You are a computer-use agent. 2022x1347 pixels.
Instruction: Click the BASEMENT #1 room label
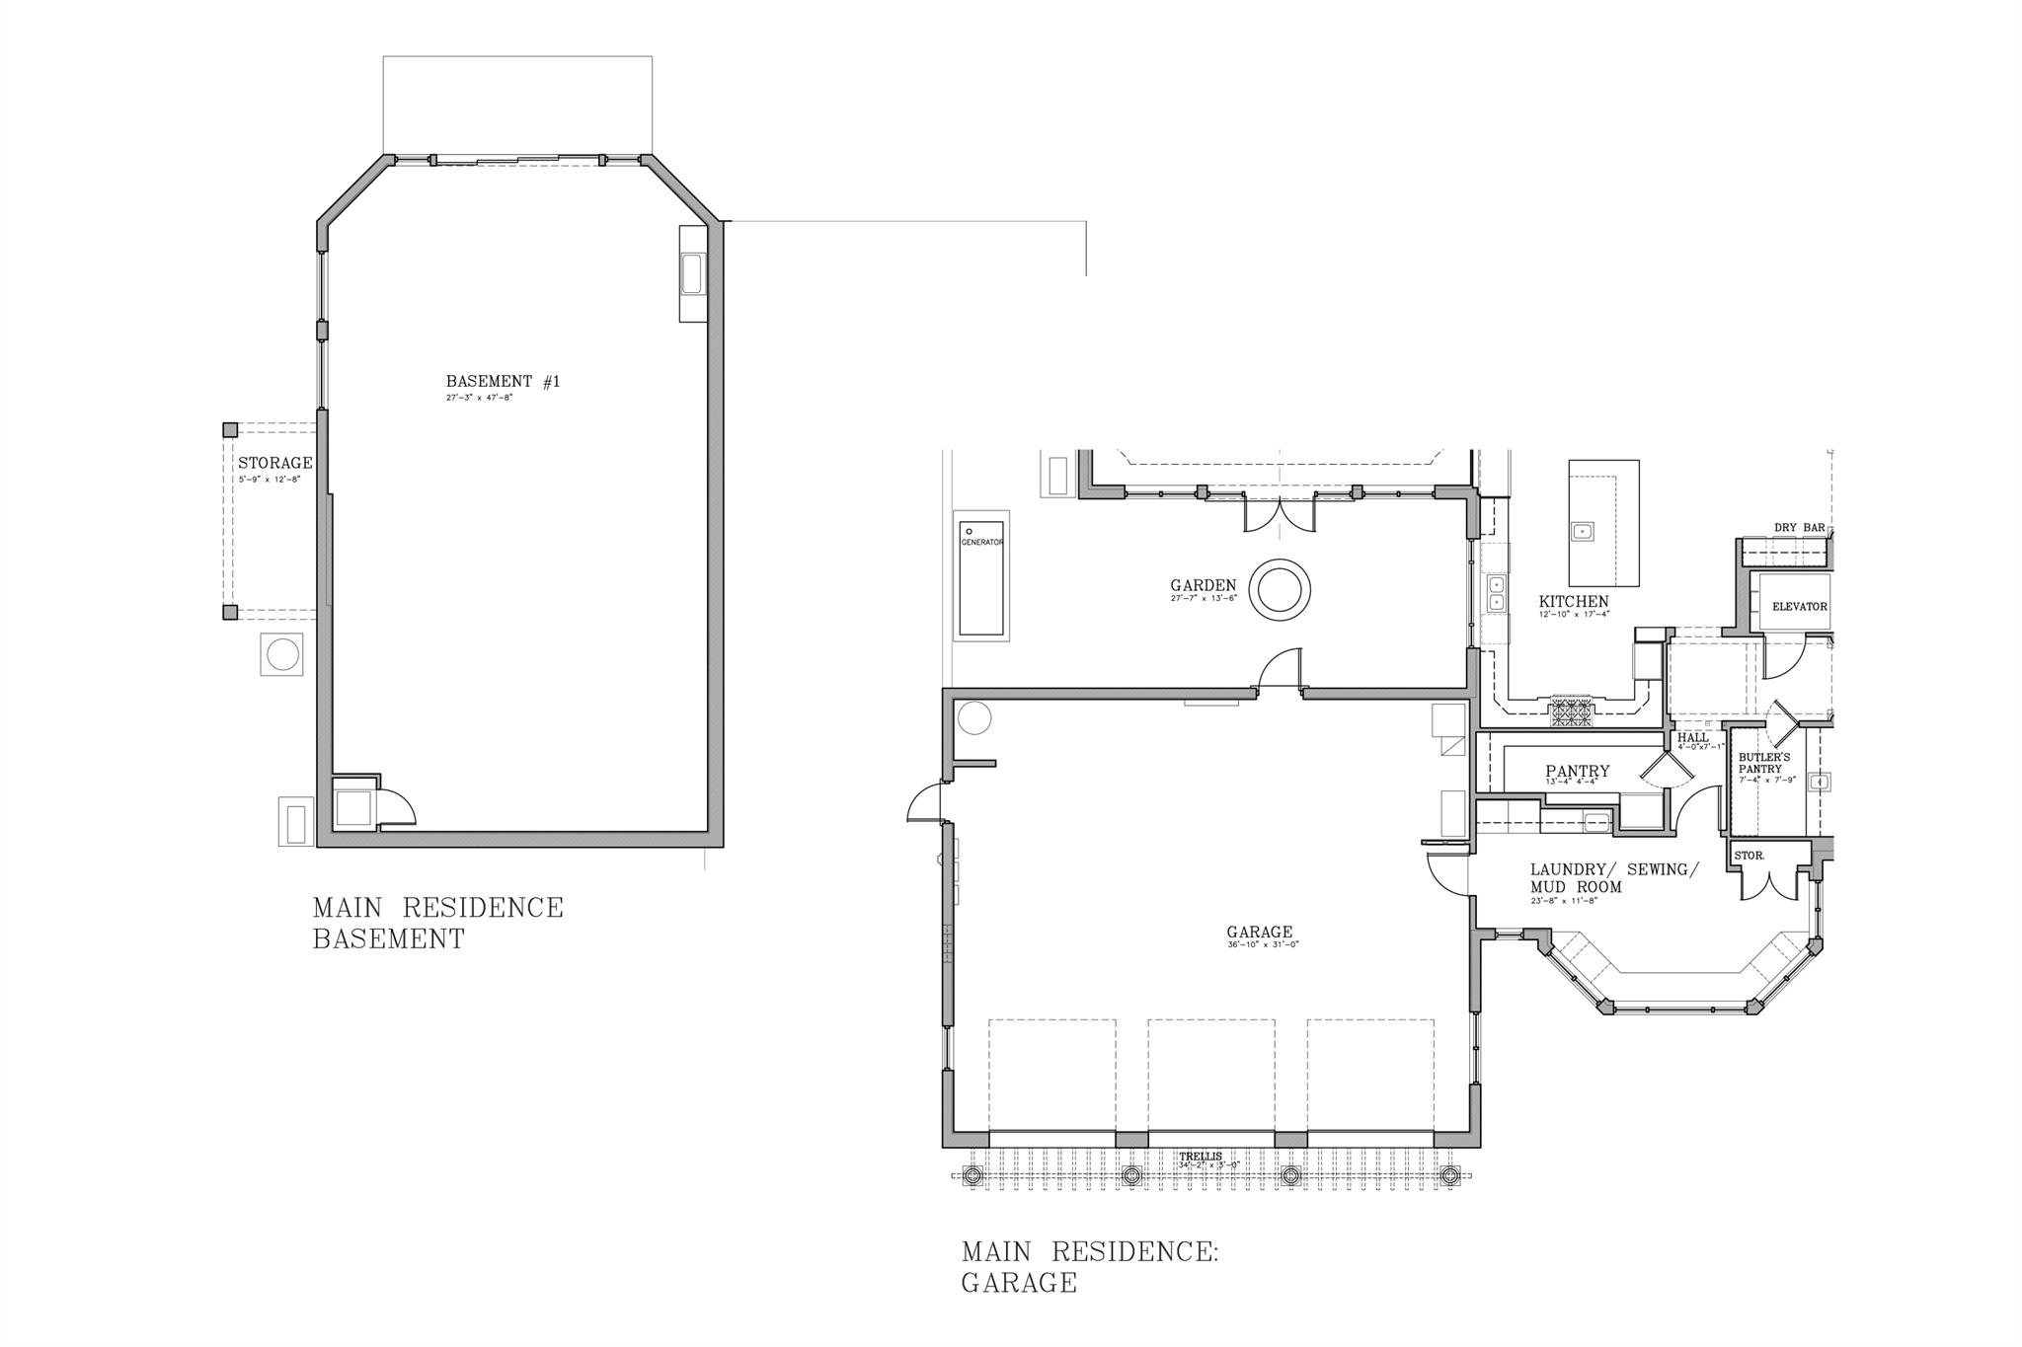[503, 382]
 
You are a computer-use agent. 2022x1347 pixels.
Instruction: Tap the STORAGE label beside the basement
[274, 463]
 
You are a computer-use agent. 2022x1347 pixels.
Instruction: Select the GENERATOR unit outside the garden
[981, 578]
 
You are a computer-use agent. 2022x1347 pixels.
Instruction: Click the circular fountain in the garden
[1280, 590]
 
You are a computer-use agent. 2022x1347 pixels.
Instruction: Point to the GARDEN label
[1203, 586]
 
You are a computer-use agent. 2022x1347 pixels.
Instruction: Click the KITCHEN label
[1574, 602]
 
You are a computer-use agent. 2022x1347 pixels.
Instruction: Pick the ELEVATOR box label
[1799, 607]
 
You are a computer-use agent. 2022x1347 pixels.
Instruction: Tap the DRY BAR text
[1799, 528]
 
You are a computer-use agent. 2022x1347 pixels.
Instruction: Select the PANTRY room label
[1577, 772]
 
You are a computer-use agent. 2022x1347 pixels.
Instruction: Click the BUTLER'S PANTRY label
[1764, 763]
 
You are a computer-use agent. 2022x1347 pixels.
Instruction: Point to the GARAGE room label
[1260, 933]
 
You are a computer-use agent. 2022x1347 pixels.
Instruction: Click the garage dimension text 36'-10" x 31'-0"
[1263, 945]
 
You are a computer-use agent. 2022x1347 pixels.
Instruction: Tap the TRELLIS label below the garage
[1200, 1157]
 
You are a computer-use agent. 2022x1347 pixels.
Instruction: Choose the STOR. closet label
[1749, 856]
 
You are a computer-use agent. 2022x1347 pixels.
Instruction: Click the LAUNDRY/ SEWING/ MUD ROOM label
[1613, 878]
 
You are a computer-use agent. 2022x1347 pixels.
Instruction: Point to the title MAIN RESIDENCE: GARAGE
[1089, 1267]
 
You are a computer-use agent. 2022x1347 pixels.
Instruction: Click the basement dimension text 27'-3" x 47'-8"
[479, 398]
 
